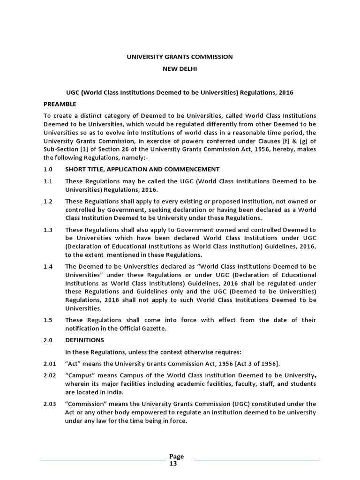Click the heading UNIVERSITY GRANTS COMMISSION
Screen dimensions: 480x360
(x=180, y=57)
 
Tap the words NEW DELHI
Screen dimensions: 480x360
(x=180, y=69)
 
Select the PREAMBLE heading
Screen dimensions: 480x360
(x=60, y=104)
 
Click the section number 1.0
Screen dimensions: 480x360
(x=48, y=169)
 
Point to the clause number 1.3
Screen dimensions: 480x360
(x=48, y=230)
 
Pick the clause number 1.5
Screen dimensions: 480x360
(x=48, y=320)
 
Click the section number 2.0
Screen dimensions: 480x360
(x=48, y=340)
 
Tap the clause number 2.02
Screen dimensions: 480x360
(x=50, y=375)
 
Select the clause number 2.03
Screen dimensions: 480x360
(x=50, y=404)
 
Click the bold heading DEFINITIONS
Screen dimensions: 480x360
(x=84, y=340)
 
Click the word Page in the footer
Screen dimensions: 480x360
(x=176, y=457)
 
